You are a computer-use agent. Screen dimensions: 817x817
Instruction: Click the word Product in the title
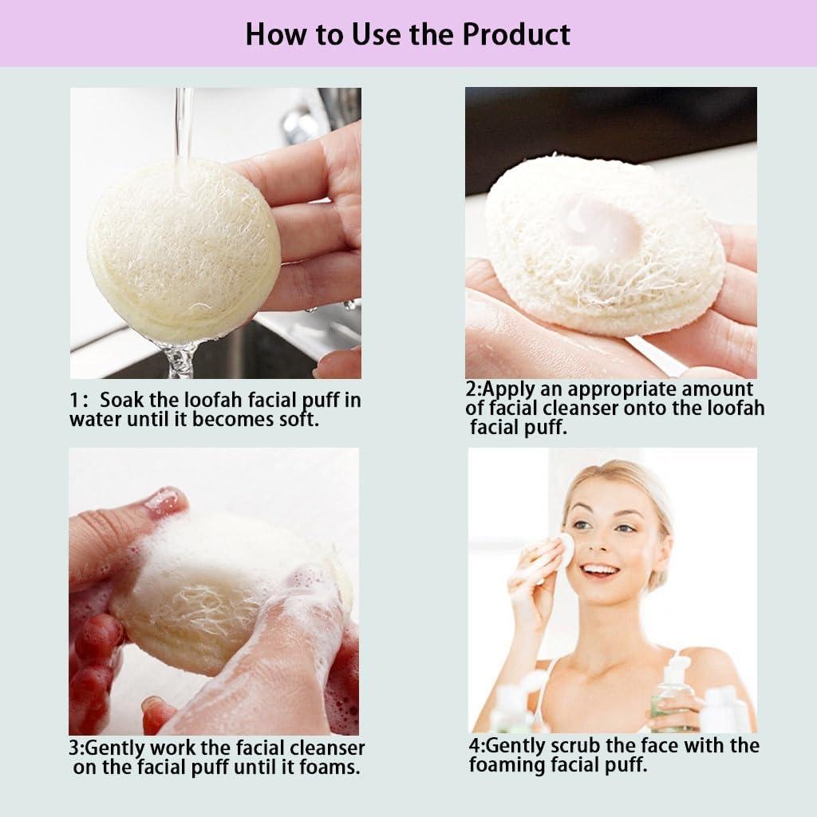pyautogui.click(x=516, y=34)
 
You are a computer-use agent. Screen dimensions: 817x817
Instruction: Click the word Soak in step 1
pyautogui.click(x=121, y=401)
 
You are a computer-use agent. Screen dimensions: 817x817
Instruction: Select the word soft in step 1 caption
pyautogui.click(x=302, y=419)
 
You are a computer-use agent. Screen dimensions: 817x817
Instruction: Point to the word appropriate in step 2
pyautogui.click(x=591, y=389)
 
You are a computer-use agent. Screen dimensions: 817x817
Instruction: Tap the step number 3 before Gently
pyautogui.click(x=74, y=748)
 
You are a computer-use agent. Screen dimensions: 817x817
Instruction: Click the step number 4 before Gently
pyautogui.click(x=474, y=746)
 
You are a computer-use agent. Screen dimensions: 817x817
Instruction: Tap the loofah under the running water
pyautogui.click(x=184, y=247)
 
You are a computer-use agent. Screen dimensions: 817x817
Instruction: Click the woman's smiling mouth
pyautogui.click(x=600, y=570)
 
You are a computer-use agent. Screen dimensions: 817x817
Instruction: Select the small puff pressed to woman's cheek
pyautogui.click(x=564, y=548)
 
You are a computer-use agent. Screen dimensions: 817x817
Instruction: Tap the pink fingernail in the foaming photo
pyautogui.click(x=164, y=500)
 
